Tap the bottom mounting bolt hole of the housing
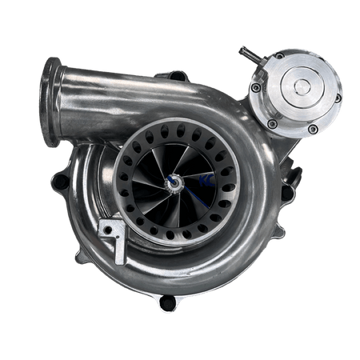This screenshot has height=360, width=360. click(167, 304)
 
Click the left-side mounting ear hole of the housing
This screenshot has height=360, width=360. click(57, 183)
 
